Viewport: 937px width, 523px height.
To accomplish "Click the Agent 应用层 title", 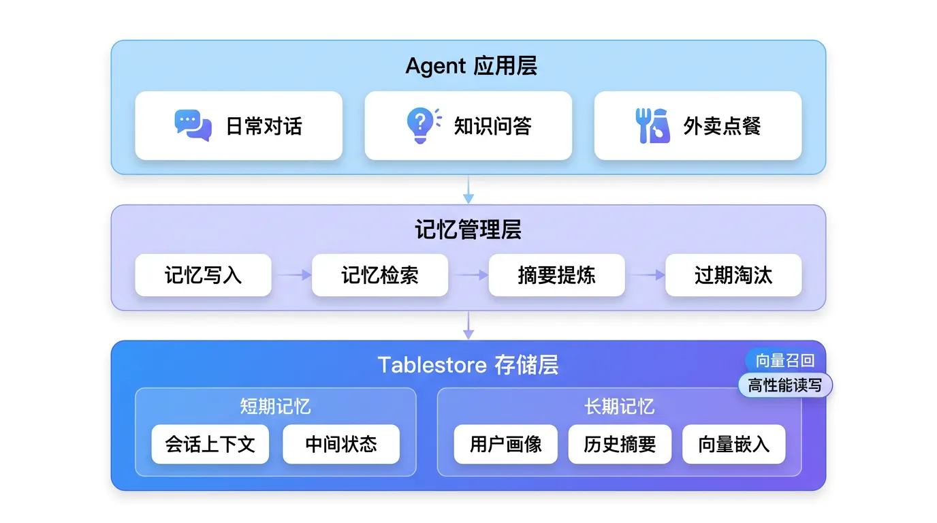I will [471, 66].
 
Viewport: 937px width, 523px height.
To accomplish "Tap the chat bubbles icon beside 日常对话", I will [193, 125].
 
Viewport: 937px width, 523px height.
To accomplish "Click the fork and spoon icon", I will [652, 125].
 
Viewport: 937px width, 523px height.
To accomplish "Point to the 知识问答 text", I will [493, 126].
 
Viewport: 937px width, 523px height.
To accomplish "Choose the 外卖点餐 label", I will [722, 126].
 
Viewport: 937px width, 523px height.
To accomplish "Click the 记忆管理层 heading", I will [469, 230].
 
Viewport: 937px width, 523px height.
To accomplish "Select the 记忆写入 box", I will [203, 275].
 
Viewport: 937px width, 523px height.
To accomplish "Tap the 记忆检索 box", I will [380, 275].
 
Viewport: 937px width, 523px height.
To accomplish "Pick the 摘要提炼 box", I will [556, 275].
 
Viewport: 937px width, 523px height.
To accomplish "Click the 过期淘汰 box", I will [733, 275].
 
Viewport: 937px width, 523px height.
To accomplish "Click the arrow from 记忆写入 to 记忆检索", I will [291, 275].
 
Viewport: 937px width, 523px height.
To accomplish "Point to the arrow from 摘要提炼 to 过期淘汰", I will [645, 275].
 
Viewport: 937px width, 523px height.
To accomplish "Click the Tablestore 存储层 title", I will [469, 365].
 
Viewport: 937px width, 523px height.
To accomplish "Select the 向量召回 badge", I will [784, 361].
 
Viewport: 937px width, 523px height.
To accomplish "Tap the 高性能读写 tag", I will [785, 385].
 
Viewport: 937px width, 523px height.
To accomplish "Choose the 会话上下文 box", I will [210, 445].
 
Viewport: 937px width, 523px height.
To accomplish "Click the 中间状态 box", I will [341, 445].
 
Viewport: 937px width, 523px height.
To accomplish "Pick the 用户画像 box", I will [506, 445].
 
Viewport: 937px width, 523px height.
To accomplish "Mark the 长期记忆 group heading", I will [619, 407].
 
